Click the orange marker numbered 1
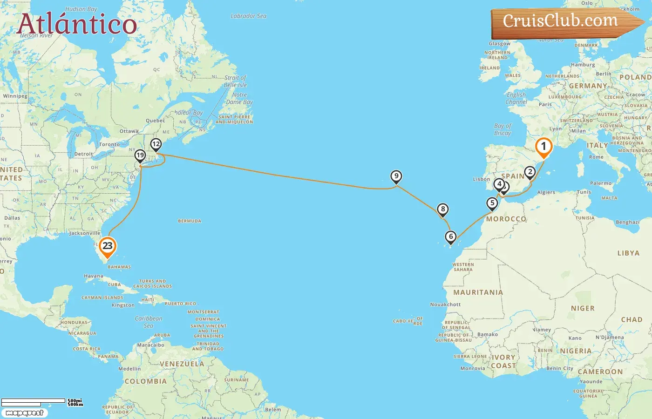[543, 147]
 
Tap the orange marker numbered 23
[108, 246]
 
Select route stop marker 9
[396, 176]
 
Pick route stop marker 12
[156, 144]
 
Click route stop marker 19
[140, 155]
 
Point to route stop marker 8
[443, 209]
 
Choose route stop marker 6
[450, 237]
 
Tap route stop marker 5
[492, 203]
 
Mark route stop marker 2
[530, 172]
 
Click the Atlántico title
[77, 24]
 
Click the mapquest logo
[24, 413]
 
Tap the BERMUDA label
[190, 221]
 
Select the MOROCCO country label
[506, 219]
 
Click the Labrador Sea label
[249, 16]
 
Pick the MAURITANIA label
[478, 292]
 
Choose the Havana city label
[94, 276]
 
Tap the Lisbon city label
[481, 179]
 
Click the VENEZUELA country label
[182, 364]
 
